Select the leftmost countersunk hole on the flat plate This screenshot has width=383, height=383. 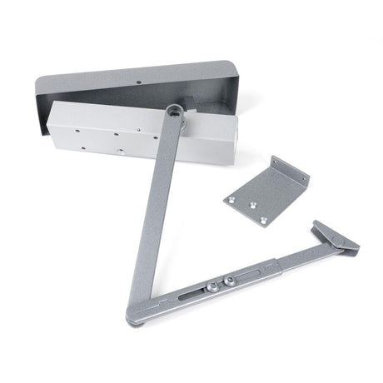pos(230,197)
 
